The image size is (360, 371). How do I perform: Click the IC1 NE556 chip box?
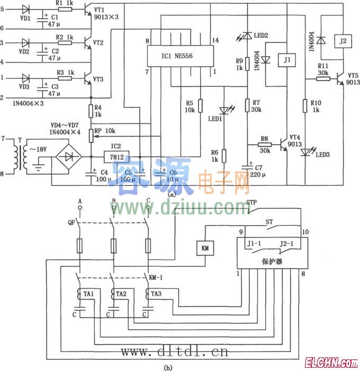(x=181, y=55)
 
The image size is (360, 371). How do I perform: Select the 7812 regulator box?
(x=116, y=157)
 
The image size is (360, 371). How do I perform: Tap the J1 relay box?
(x=286, y=60)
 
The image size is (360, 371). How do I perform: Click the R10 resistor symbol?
(x=305, y=105)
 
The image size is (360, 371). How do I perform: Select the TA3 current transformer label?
(x=156, y=293)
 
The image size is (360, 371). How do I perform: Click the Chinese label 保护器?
(x=272, y=261)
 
